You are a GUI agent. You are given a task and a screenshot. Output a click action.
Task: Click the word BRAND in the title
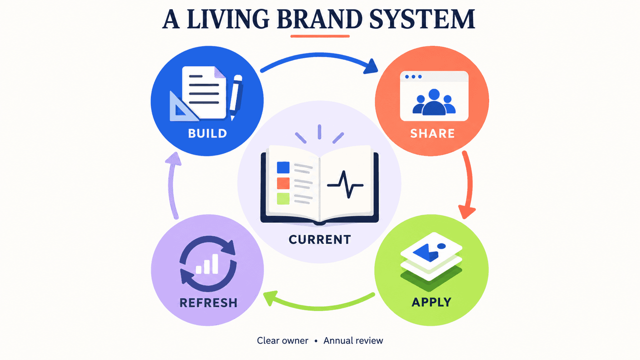click(320, 19)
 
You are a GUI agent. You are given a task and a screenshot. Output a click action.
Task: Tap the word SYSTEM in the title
click(422, 19)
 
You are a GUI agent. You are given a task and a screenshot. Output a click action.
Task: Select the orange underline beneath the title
click(320, 36)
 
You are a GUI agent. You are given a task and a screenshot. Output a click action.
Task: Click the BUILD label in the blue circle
click(207, 133)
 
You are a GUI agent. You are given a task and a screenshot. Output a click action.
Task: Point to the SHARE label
click(432, 133)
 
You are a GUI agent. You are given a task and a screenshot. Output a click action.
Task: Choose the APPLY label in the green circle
click(431, 302)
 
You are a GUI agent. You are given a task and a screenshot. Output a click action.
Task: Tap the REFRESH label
click(208, 302)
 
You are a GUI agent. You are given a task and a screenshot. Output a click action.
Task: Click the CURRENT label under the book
click(320, 240)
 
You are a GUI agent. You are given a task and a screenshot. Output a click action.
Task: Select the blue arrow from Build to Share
click(320, 55)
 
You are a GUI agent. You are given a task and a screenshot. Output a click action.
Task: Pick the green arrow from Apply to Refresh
click(319, 308)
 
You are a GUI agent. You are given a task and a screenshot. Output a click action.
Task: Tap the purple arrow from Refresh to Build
click(171, 186)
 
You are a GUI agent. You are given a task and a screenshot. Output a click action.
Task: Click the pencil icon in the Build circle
click(236, 97)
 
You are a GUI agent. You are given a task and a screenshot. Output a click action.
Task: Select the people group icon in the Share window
click(434, 102)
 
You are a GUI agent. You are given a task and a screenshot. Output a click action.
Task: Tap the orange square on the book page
click(283, 183)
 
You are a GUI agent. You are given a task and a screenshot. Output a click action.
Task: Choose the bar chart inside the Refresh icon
click(207, 264)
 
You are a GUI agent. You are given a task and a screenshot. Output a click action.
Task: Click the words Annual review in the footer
click(353, 340)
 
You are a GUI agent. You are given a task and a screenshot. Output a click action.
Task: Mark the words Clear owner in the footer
click(282, 340)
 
